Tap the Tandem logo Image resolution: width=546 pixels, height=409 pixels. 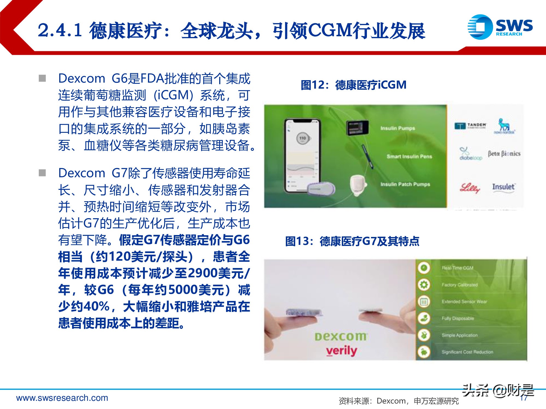[x=470, y=126]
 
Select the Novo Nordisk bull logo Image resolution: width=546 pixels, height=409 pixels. [x=504, y=126]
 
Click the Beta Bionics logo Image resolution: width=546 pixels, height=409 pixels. [x=504, y=154]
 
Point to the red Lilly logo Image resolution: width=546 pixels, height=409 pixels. [x=470, y=188]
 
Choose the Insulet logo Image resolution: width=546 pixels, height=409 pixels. [x=503, y=187]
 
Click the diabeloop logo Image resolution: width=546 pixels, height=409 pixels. [x=470, y=154]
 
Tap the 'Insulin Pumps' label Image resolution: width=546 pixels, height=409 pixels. [x=397, y=128]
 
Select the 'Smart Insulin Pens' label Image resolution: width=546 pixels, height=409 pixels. [x=409, y=157]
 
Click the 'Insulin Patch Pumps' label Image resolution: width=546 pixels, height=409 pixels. [x=405, y=185]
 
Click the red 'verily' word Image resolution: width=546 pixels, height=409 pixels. [x=342, y=351]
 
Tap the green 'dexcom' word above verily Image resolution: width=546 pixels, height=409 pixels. [x=341, y=337]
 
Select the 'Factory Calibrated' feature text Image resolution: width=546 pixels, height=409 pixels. [x=459, y=285]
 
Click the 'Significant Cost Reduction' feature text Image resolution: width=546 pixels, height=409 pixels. [x=467, y=352]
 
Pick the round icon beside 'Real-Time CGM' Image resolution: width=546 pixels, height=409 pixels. [x=424, y=268]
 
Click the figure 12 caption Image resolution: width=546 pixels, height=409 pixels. [x=353, y=85]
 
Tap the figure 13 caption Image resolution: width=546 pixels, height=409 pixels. [x=352, y=241]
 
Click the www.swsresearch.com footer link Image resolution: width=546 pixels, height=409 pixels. [x=62, y=398]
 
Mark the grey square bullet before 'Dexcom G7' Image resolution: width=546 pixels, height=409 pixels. [x=42, y=173]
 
